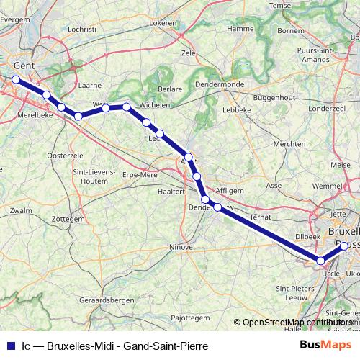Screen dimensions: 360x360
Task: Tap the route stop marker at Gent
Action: point(15,80)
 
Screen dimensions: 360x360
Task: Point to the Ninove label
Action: point(181,247)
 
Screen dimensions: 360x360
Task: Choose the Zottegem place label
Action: point(69,218)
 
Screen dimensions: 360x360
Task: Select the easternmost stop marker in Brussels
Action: point(344,246)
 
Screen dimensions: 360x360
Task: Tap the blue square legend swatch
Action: point(10,346)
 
